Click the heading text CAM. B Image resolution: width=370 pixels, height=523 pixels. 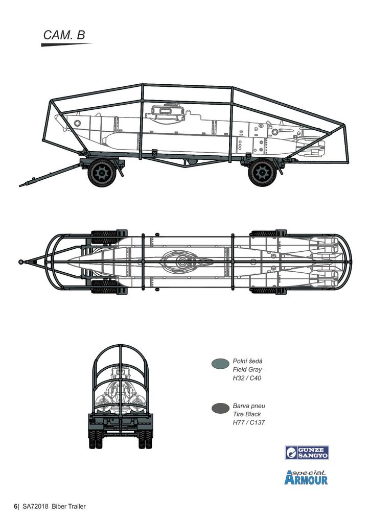[x=64, y=35]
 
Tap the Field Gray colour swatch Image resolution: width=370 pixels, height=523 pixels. [x=220, y=363]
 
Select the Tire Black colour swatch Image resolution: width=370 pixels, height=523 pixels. [x=220, y=408]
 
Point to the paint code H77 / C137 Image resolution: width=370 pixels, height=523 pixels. [x=248, y=423]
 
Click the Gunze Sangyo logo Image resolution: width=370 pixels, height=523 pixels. [x=307, y=453]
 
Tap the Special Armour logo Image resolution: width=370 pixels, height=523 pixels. [x=306, y=478]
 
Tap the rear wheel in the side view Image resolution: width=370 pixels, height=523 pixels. [x=262, y=172]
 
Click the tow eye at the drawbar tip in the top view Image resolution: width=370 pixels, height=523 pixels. [x=21, y=262]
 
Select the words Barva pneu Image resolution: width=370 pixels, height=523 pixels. [x=249, y=406]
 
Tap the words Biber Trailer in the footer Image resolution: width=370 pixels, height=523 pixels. [x=68, y=506]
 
